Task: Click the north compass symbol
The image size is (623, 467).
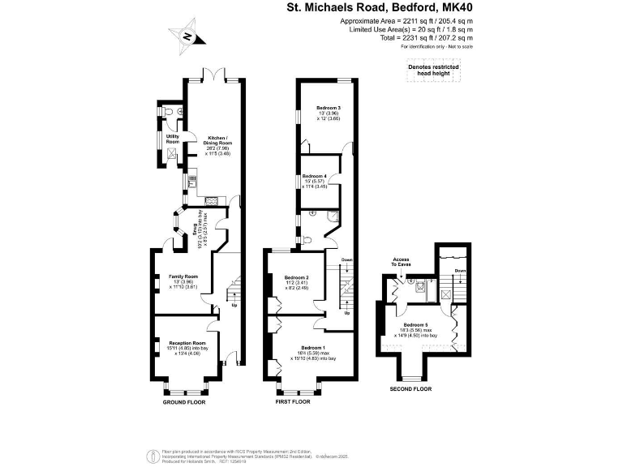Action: coord(187,36)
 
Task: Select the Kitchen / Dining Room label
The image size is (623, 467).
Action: coord(217,138)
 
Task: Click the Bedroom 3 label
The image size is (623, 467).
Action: coord(327,108)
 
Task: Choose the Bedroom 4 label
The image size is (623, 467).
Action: coord(314,176)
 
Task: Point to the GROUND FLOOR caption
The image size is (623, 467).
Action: coord(184,402)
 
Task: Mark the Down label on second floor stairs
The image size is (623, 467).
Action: coord(460,271)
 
